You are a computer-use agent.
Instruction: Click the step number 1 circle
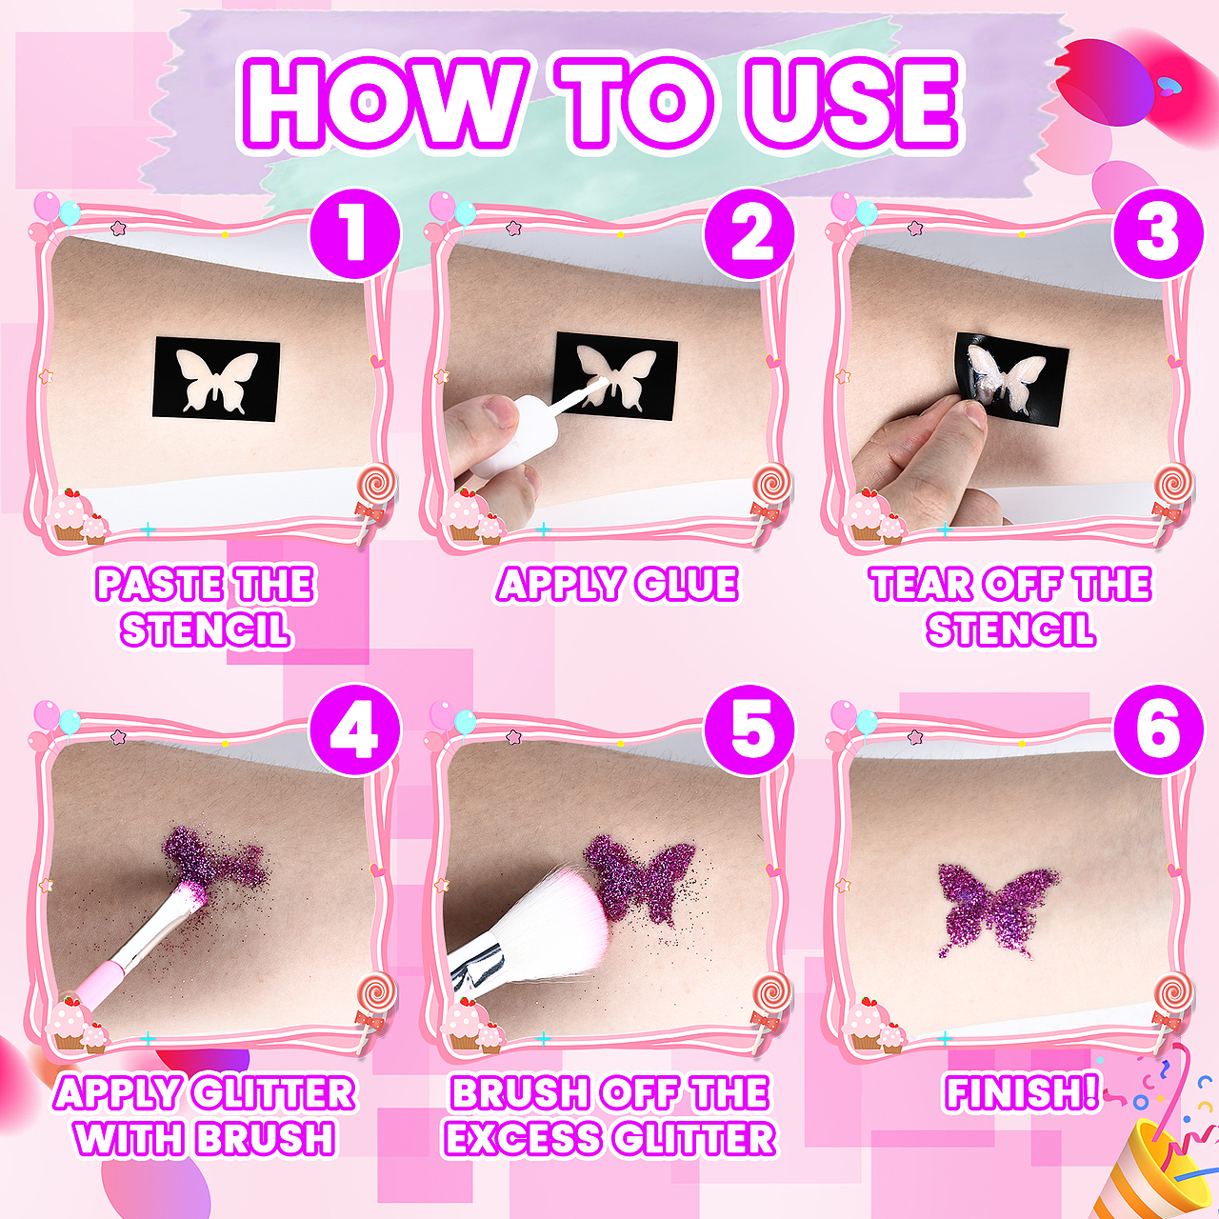355,233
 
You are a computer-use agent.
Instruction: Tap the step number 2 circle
749,233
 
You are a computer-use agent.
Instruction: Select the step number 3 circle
1158,233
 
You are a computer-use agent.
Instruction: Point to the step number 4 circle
355,731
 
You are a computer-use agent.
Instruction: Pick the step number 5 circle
749,731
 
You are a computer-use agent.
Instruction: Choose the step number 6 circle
1158,731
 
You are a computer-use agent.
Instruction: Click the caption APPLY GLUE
617,583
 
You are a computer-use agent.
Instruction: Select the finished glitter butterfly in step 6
998,916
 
